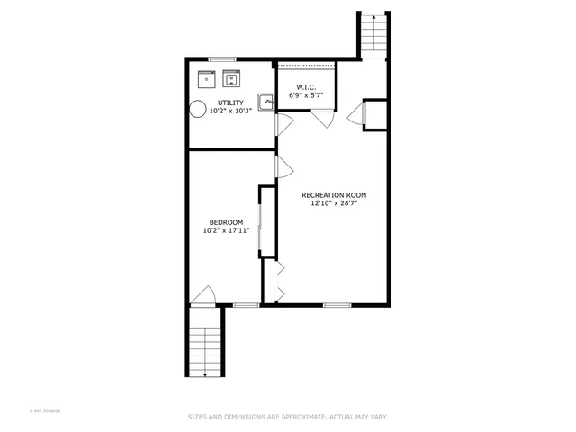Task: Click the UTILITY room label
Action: coord(229,103)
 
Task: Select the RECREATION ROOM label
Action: coord(334,194)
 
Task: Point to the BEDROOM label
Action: coord(226,222)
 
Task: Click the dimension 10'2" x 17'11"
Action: coord(226,231)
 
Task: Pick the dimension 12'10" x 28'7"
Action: coord(334,203)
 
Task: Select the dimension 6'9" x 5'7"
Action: coord(305,94)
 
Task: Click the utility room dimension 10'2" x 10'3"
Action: coord(229,112)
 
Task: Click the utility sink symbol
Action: coord(265,102)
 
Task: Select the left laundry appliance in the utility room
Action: coord(205,76)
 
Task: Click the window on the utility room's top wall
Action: coord(217,59)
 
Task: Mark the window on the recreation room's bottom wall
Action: coord(337,305)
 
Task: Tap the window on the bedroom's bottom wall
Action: coord(246,305)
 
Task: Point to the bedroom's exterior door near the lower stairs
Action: coord(204,297)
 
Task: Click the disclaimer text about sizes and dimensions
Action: coord(287,417)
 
